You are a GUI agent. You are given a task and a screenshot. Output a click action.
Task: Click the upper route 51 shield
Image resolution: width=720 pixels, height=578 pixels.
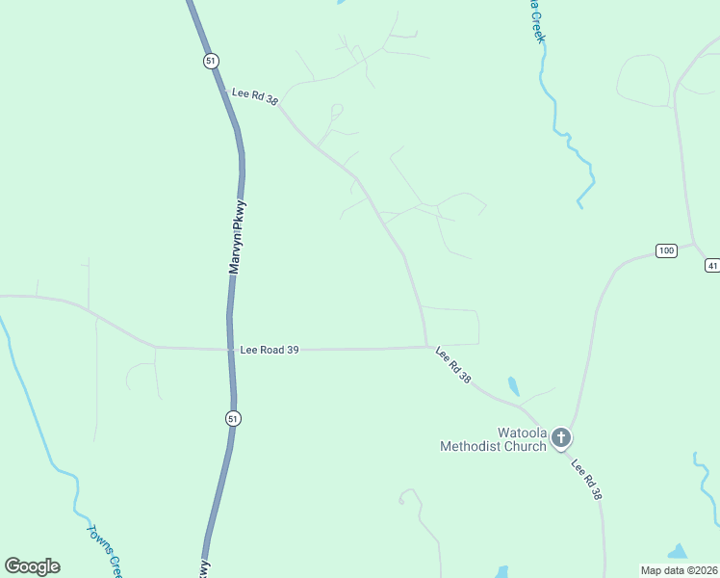tap(211, 61)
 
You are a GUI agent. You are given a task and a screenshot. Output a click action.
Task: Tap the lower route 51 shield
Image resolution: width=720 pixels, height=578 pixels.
tap(234, 418)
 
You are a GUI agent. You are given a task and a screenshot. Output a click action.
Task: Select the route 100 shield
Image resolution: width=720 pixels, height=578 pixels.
tap(666, 250)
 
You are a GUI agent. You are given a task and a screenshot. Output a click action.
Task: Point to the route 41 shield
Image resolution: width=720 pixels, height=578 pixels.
tap(712, 265)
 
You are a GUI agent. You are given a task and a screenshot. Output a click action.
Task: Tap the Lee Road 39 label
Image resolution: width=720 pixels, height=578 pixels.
tap(270, 350)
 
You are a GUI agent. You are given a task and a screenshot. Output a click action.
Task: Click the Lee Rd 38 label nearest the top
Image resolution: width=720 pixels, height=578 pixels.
tap(254, 94)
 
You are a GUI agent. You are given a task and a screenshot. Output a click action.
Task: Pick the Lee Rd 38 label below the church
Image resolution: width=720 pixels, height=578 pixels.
tap(586, 480)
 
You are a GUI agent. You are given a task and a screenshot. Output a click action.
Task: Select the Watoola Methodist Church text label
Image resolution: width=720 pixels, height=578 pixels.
tap(493, 439)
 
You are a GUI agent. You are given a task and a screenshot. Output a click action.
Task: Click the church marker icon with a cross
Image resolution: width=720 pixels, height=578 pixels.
tap(561, 439)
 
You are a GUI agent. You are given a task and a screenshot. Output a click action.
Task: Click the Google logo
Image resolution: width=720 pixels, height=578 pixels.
tap(32, 566)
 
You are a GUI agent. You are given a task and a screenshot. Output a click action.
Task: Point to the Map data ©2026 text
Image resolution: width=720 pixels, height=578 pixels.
tap(679, 569)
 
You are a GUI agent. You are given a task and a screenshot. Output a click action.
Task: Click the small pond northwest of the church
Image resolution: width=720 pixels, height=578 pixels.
tap(513, 386)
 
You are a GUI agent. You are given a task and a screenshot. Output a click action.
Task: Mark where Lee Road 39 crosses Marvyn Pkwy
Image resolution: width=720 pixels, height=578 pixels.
tap(232, 349)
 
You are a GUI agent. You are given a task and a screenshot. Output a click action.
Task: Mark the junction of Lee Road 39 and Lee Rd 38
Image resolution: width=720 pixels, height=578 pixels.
tap(427, 347)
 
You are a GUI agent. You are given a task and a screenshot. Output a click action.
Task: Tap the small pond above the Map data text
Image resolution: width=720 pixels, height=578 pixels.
tap(678, 552)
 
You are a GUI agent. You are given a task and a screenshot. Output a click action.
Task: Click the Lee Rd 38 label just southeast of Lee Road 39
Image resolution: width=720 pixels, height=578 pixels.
tap(453, 366)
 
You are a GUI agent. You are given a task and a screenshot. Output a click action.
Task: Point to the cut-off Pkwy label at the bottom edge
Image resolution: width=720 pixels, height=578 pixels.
tap(204, 569)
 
